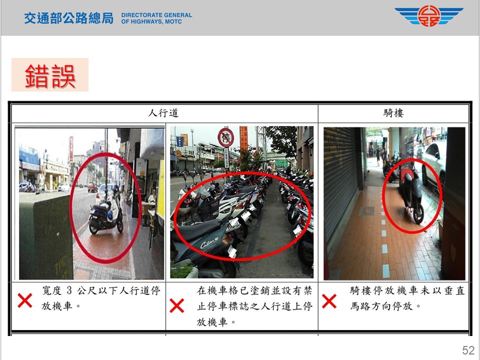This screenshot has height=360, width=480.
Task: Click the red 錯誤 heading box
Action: [50, 74]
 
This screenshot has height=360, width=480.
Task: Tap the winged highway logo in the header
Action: [428, 16]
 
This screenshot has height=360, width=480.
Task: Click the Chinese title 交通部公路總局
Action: [69, 18]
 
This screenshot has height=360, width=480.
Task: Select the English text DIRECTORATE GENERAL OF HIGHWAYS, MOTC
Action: [156, 18]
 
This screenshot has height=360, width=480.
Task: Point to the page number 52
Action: [468, 350]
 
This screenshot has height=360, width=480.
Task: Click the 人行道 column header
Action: [163, 113]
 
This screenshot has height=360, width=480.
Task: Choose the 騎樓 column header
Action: [393, 113]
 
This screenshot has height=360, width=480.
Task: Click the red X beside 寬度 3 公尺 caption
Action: [25, 300]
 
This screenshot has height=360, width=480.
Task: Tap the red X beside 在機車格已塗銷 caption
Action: [177, 305]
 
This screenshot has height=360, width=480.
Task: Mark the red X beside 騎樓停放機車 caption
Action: [329, 301]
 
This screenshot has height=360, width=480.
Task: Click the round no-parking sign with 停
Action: [226, 138]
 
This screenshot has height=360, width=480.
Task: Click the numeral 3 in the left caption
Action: [69, 290]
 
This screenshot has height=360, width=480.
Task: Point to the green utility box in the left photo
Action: [46, 235]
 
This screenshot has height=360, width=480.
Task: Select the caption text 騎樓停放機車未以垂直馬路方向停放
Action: [407, 298]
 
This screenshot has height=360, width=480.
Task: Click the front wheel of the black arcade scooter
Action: [418, 215]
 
